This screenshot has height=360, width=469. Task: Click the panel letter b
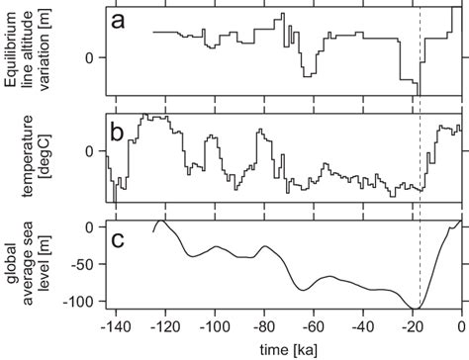tap(118, 133)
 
